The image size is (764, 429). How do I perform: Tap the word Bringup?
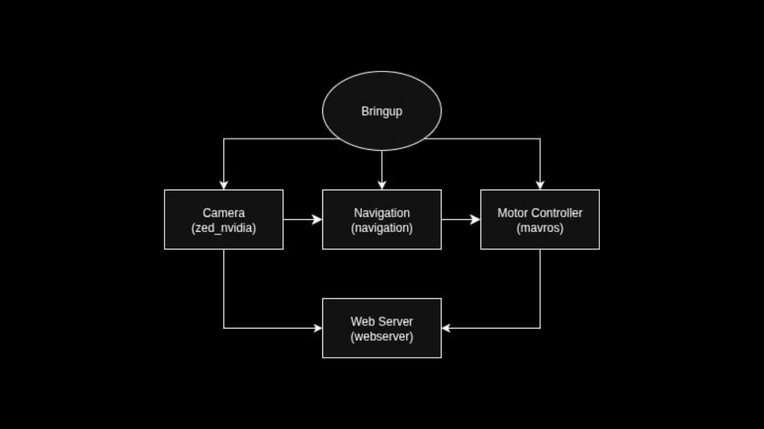(382, 111)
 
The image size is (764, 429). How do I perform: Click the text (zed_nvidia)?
(223, 228)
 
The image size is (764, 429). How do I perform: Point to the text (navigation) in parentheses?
(382, 228)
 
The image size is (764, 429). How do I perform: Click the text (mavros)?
(540, 228)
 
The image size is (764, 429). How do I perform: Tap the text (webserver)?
(382, 337)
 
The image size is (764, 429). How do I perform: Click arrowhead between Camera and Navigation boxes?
(317, 219)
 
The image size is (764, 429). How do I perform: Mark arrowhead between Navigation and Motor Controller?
(475, 219)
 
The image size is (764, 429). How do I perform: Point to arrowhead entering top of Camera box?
(223, 185)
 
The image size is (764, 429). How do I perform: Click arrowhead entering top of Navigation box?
(382, 185)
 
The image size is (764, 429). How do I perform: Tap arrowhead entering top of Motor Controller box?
(540, 185)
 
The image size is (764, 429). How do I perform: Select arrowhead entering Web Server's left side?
(318, 328)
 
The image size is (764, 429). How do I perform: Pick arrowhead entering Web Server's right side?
(446, 328)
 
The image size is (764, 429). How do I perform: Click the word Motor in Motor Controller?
(512, 213)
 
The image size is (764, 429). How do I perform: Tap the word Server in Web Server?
(396, 321)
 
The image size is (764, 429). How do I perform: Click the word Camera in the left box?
(223, 213)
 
